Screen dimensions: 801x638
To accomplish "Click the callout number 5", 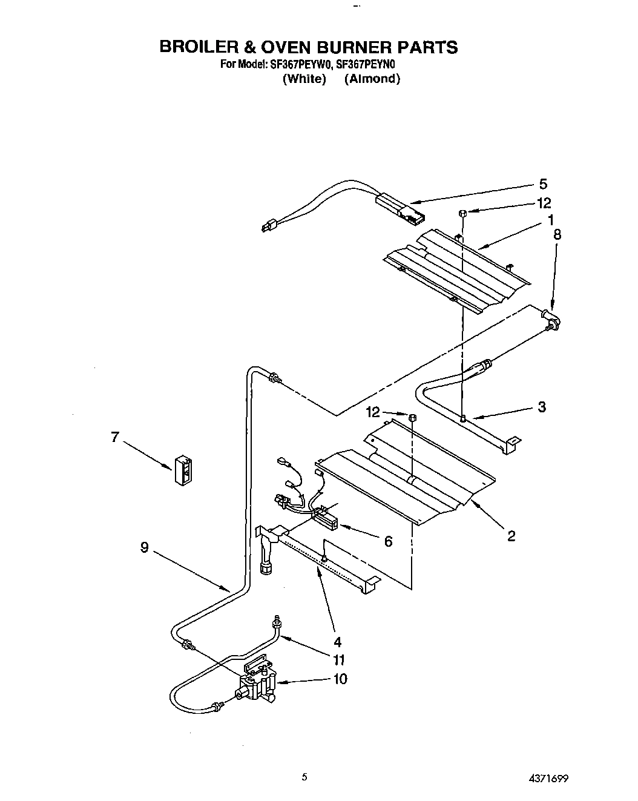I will pyautogui.click(x=543, y=184).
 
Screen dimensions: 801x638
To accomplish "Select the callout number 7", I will pyautogui.click(x=115, y=437).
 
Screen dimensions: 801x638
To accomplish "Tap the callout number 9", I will pyautogui.click(x=144, y=547).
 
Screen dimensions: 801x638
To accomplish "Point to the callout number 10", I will pyautogui.click(x=340, y=679).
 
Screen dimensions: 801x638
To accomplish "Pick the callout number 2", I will pyautogui.click(x=511, y=535).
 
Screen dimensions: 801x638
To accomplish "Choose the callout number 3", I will pyautogui.click(x=541, y=407).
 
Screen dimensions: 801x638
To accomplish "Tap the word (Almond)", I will pyautogui.click(x=372, y=79).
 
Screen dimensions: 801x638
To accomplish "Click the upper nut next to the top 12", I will pyautogui.click(x=462, y=213).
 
